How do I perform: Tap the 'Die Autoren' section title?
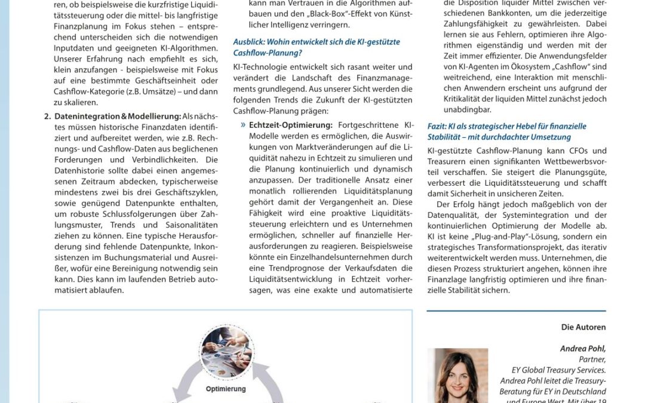pyautogui.click(x=583, y=327)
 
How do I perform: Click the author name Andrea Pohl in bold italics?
pyautogui.click(x=582, y=349)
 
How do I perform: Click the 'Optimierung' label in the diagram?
pyautogui.click(x=226, y=389)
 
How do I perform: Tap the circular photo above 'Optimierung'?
pyautogui.click(x=226, y=353)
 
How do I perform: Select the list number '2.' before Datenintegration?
pyautogui.click(x=47, y=116)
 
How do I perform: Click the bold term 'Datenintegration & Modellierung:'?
pyautogui.click(x=118, y=116)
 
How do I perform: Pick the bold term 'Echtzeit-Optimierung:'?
pyautogui.click(x=290, y=125)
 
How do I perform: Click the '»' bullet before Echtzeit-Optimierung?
pyautogui.click(x=243, y=125)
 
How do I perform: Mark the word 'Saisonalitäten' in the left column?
pyautogui.click(x=189, y=225)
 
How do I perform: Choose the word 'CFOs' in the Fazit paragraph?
pyautogui.click(x=579, y=151)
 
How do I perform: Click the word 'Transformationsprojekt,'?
pyautogui.click(x=512, y=247)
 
